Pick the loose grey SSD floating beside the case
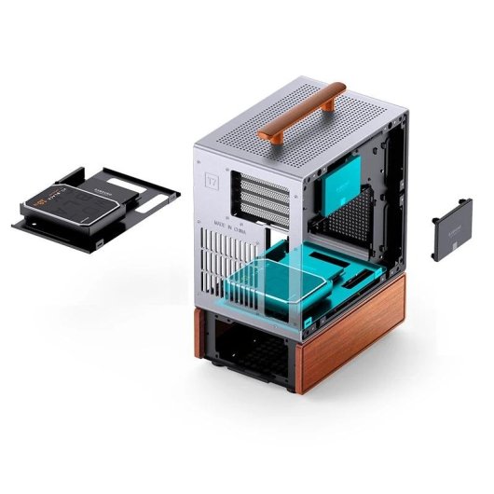pyautogui.click(x=453, y=226)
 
